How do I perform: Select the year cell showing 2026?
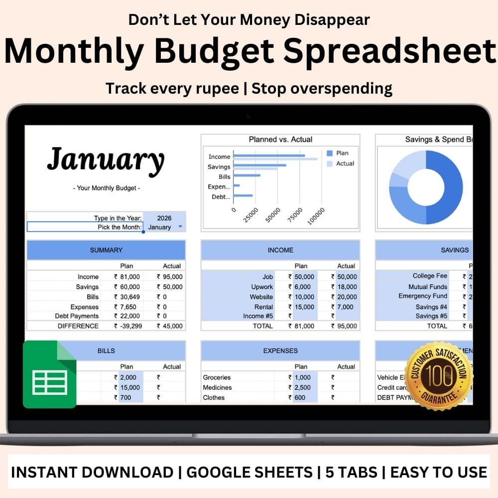coord(164,218)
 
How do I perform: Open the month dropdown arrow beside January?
coord(180,227)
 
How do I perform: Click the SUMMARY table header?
coord(106,250)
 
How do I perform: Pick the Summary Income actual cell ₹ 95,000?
coord(170,277)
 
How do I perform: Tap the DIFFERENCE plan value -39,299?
coord(127,326)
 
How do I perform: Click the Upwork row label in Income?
coord(262,287)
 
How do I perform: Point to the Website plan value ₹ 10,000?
coord(301,297)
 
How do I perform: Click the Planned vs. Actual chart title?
coord(280,139)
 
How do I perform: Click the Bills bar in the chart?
coord(247,175)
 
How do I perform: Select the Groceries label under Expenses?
coord(217,377)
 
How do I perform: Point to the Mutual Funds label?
coord(428,287)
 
